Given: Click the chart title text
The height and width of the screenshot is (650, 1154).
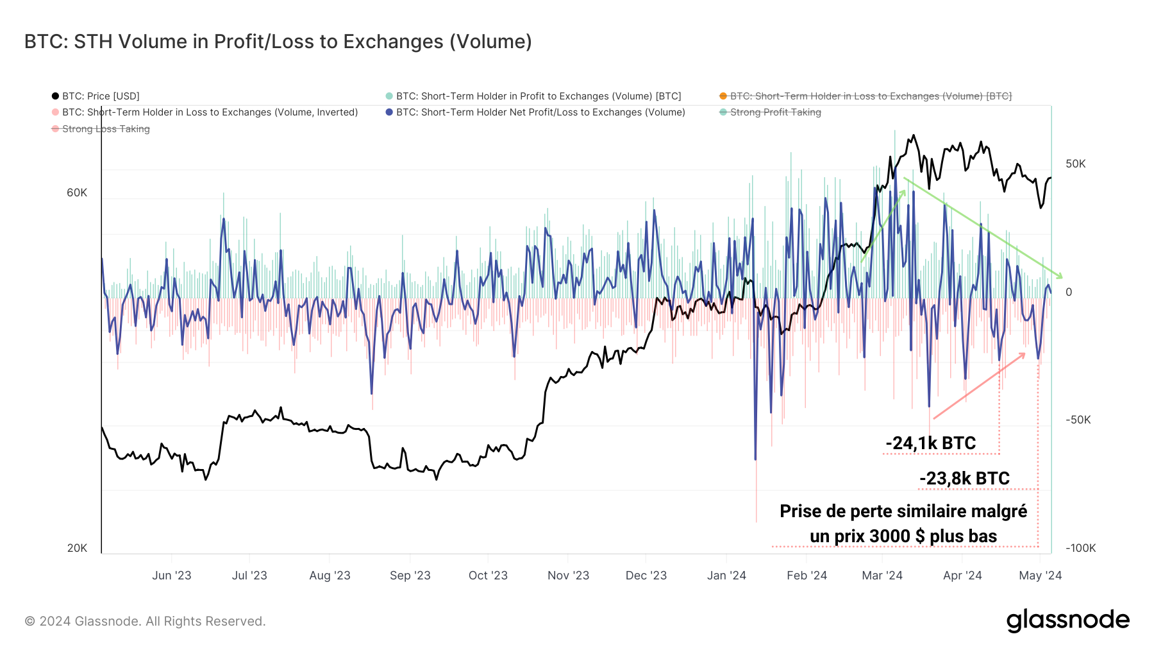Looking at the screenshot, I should (x=278, y=42).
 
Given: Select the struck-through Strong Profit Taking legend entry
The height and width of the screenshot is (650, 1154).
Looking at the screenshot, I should (x=775, y=112).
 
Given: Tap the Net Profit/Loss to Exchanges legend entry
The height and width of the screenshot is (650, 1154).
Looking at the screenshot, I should (x=540, y=112).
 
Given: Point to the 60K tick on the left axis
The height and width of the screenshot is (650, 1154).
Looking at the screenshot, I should (x=77, y=193).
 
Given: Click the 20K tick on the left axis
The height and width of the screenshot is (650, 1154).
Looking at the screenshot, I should (x=77, y=548).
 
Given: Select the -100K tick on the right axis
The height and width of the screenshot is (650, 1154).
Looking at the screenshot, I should (x=1080, y=548).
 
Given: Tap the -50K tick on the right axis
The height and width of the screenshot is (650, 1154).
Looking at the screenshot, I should (x=1078, y=420).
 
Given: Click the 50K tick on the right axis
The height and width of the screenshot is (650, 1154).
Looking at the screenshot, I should (x=1075, y=164).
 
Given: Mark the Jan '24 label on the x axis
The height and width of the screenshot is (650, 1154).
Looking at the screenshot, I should (x=726, y=576).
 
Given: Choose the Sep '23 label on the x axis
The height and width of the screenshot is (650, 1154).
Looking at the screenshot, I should (x=410, y=576).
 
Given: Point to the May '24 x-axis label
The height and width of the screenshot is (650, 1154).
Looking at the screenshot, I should (x=1040, y=576).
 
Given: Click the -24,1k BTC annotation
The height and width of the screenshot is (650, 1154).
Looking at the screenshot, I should (x=930, y=443).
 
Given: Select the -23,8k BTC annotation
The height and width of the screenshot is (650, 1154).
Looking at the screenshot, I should (x=964, y=479).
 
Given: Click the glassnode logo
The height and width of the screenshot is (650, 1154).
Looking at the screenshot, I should (x=1067, y=620).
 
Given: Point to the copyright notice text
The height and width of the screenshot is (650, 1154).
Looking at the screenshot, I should (x=145, y=621).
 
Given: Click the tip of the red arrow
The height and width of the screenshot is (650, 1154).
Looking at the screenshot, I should (x=1024, y=354).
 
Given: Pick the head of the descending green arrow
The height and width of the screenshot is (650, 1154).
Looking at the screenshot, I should (x=1062, y=277).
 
